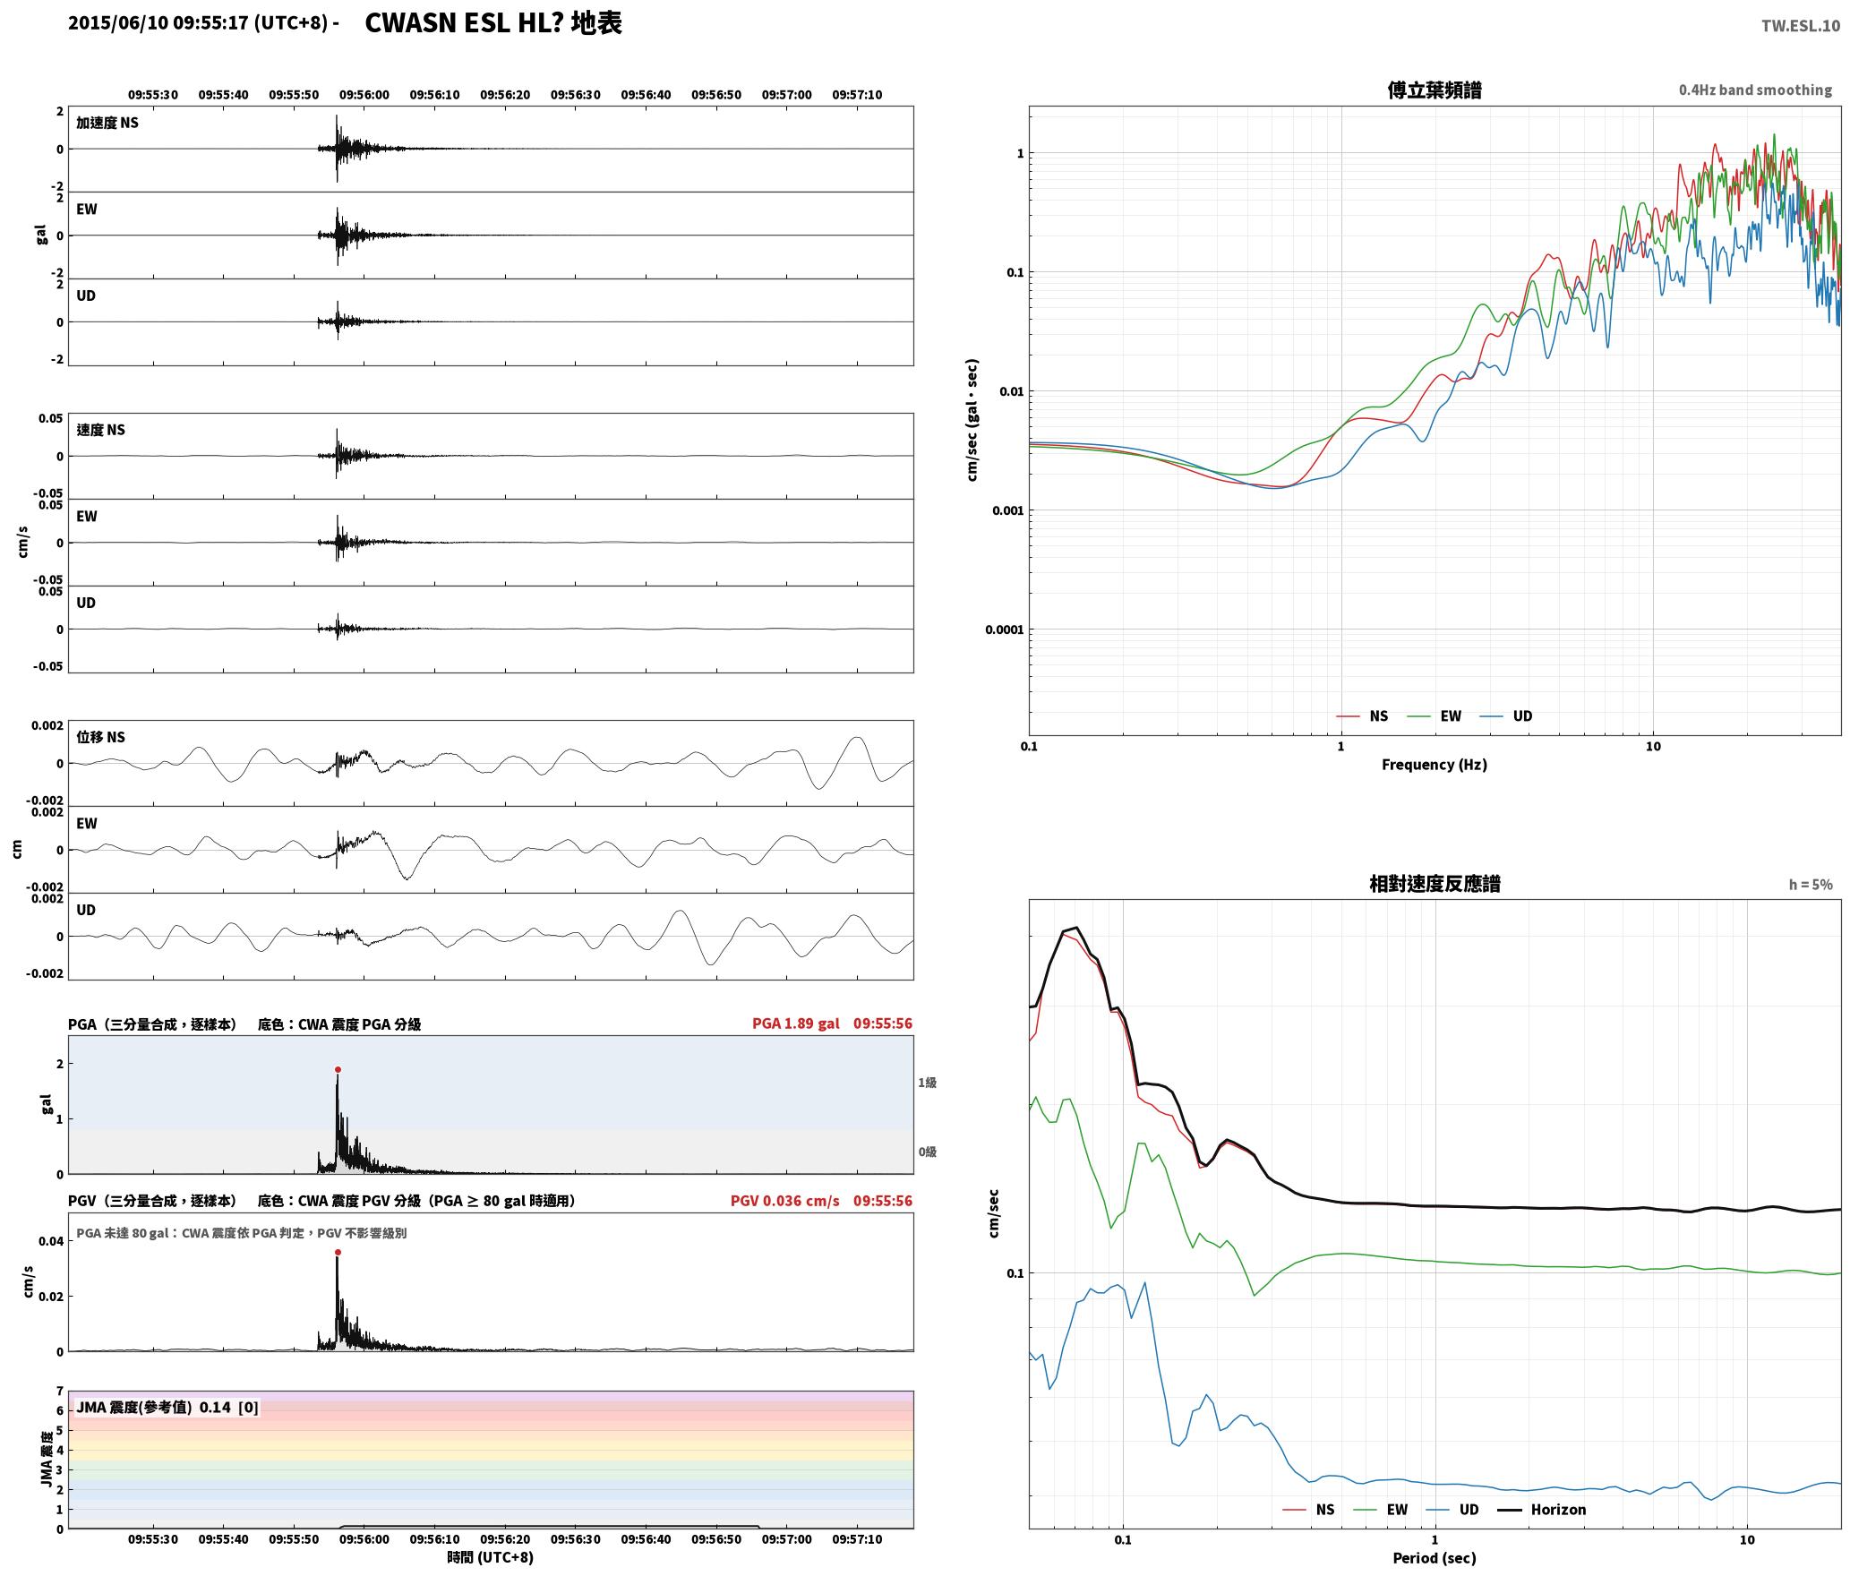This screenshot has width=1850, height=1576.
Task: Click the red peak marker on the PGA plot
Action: click(338, 1069)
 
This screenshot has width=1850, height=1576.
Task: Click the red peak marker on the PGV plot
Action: click(338, 1252)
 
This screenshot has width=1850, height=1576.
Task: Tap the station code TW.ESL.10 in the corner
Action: click(1801, 26)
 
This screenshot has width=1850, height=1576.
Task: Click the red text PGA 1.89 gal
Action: click(796, 1024)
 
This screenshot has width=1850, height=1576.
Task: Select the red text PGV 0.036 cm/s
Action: click(785, 1201)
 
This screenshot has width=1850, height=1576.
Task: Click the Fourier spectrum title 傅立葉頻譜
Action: click(1434, 90)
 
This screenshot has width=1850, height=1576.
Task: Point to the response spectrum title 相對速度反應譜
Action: click(1435, 884)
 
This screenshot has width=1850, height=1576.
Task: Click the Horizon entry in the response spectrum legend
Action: click(1558, 1509)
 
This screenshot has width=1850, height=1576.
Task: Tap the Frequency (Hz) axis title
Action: click(1434, 764)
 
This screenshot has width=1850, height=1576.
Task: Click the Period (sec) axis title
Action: click(1434, 1557)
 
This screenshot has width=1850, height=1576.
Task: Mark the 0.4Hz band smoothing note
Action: click(1755, 90)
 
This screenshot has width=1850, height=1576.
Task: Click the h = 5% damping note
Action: click(1811, 885)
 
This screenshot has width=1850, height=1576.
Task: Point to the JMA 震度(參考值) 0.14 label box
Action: click(167, 1407)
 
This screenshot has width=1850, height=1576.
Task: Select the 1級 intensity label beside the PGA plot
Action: click(927, 1083)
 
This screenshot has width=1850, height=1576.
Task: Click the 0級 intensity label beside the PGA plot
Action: click(927, 1152)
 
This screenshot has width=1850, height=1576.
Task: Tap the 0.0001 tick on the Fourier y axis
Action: click(1005, 630)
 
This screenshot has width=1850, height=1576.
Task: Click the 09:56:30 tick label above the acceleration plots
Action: click(575, 95)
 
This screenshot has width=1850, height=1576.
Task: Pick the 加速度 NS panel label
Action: click(107, 123)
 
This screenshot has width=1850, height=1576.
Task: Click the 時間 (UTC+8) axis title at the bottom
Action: click(491, 1557)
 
